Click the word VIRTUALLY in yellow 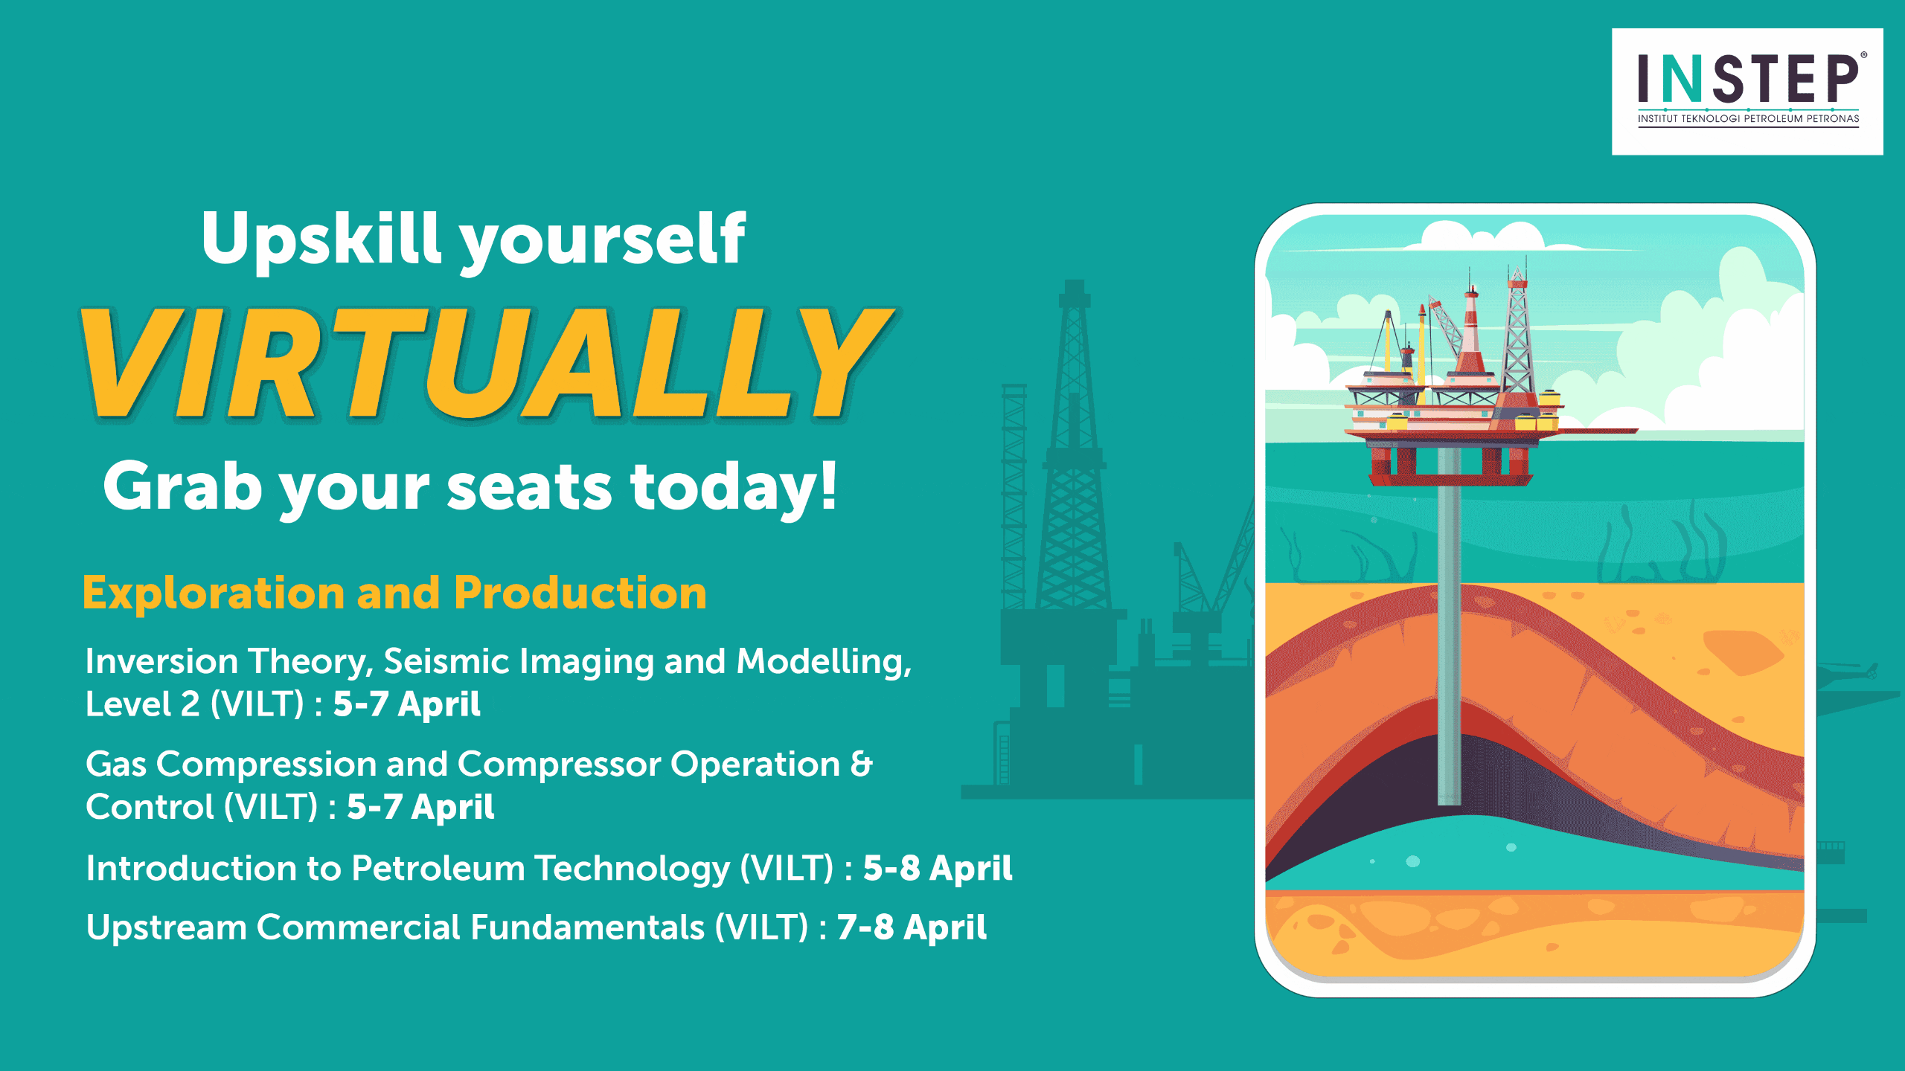click(487, 364)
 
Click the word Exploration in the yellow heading click(214, 594)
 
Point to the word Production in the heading click(580, 594)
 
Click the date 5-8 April click(938, 868)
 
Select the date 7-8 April click(912, 927)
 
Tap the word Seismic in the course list click(445, 661)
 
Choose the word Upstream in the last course click(167, 928)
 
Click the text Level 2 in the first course click(143, 704)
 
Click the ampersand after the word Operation click(861, 765)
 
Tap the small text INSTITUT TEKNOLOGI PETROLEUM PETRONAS click(1748, 118)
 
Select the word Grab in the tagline click(183, 487)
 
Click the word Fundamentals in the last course click(587, 927)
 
